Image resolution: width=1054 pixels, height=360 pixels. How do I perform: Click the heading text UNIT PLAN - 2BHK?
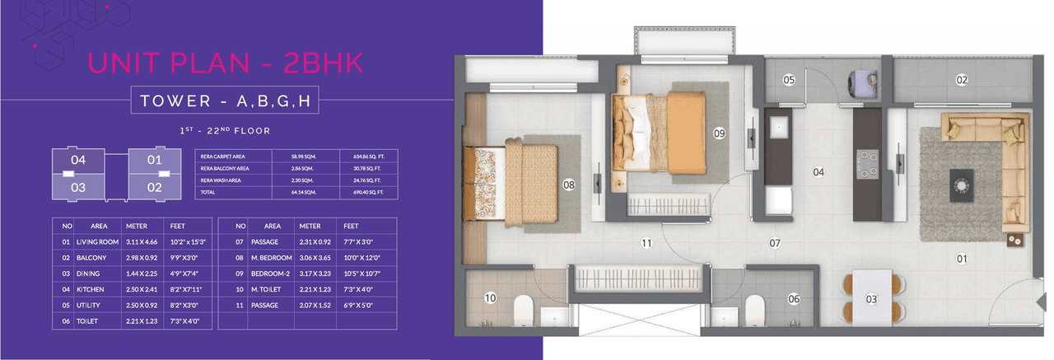pyautogui.click(x=224, y=63)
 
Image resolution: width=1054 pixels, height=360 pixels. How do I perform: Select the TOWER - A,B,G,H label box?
pyautogui.click(x=224, y=101)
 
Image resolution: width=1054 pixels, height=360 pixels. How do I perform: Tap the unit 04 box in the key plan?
pyautogui.click(x=78, y=160)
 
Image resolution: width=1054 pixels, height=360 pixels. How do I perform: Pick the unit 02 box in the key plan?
pyautogui.click(x=154, y=186)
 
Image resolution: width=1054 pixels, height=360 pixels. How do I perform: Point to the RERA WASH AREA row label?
pyautogui.click(x=223, y=180)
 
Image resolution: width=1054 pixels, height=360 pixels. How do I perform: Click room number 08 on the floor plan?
pyautogui.click(x=568, y=185)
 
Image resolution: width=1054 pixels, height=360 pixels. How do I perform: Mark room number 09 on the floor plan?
pyautogui.click(x=718, y=133)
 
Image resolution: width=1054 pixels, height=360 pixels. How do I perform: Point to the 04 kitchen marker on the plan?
pyautogui.click(x=818, y=172)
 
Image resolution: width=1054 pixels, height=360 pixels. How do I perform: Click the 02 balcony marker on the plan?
pyautogui.click(x=961, y=80)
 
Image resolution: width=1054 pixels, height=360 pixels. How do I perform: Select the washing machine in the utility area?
pyautogui.click(x=862, y=83)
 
